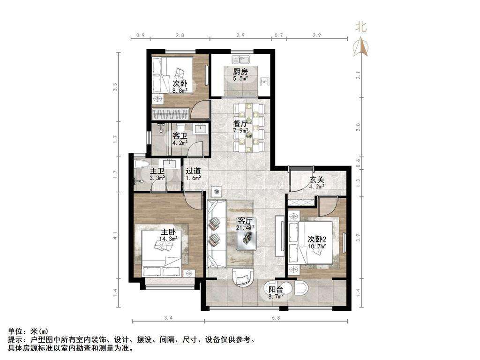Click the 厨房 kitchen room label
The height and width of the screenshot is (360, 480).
240,72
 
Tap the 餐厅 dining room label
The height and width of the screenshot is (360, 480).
240,124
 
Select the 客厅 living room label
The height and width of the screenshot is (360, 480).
245,221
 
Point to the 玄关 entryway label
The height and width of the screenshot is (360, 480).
316,180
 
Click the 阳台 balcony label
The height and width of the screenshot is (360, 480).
276,290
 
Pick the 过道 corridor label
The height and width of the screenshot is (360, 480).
193,171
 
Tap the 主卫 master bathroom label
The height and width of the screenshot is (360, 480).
157,171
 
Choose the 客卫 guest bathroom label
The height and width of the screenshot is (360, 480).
180,135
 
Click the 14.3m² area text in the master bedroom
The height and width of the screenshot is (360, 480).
168,239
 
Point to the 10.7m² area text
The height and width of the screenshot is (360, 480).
317,246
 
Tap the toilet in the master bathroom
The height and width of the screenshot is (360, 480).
141,164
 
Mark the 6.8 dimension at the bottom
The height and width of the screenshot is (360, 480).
276,318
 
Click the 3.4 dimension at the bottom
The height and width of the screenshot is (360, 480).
168,318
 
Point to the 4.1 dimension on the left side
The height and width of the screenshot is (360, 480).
115,236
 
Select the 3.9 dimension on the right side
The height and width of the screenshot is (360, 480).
358,238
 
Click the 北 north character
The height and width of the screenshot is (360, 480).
361,27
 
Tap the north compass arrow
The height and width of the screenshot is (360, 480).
361,46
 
